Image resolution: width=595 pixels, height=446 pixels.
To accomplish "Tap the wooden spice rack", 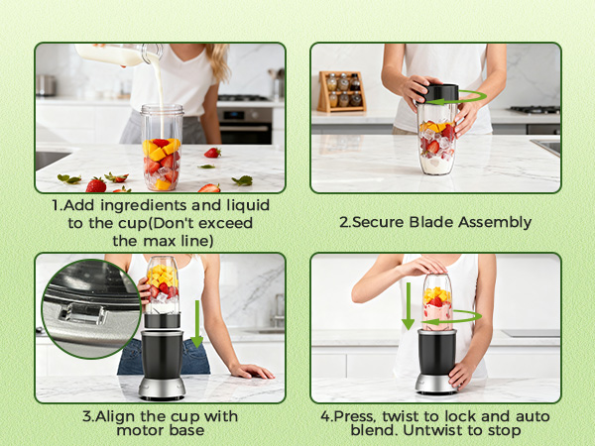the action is [x=341, y=92].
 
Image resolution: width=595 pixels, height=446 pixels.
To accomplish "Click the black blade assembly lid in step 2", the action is [x=438, y=93].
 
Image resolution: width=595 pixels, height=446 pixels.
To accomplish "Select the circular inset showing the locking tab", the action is [x=91, y=308].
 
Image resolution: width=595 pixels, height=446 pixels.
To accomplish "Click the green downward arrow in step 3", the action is [x=197, y=323].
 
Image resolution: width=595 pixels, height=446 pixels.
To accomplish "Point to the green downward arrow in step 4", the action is [x=408, y=305].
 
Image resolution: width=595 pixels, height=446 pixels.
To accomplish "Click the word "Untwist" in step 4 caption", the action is [x=433, y=430].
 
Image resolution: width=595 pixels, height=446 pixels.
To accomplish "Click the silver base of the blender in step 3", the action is [x=162, y=388].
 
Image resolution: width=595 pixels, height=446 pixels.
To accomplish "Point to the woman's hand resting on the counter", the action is [x=251, y=371].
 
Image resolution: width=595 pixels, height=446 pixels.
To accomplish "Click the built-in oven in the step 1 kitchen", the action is [x=246, y=125].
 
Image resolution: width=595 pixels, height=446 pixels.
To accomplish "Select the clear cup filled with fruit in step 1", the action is [x=162, y=148].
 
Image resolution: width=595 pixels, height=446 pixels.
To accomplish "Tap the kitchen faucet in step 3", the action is [x=279, y=310].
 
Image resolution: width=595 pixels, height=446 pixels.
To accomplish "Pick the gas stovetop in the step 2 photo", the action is [x=535, y=110].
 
